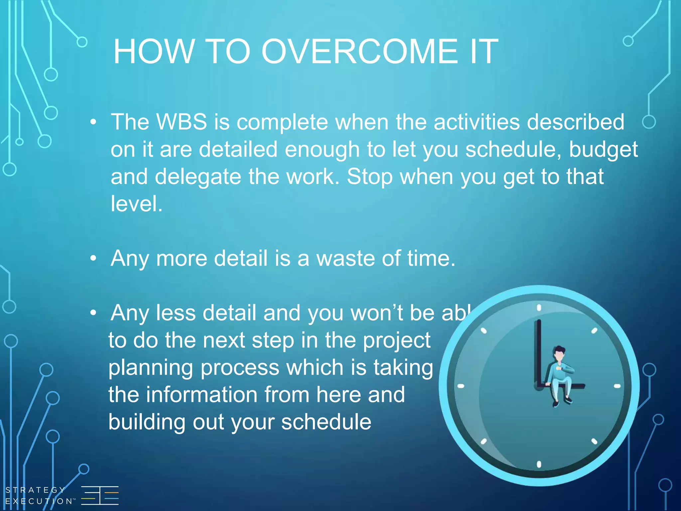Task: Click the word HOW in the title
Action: pos(154,52)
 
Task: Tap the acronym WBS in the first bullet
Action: pos(182,122)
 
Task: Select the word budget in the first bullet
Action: pos(603,150)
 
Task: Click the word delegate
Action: pos(198,177)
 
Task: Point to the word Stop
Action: pos(369,177)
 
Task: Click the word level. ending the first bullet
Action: pos(136,204)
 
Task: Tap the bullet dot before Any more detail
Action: pos(93,258)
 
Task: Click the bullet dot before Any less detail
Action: pos(93,313)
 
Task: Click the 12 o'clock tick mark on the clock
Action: pos(539,308)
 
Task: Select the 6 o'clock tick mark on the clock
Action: pos(539,464)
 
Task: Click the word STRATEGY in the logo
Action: pos(35,490)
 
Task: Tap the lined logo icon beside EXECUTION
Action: pos(100,495)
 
